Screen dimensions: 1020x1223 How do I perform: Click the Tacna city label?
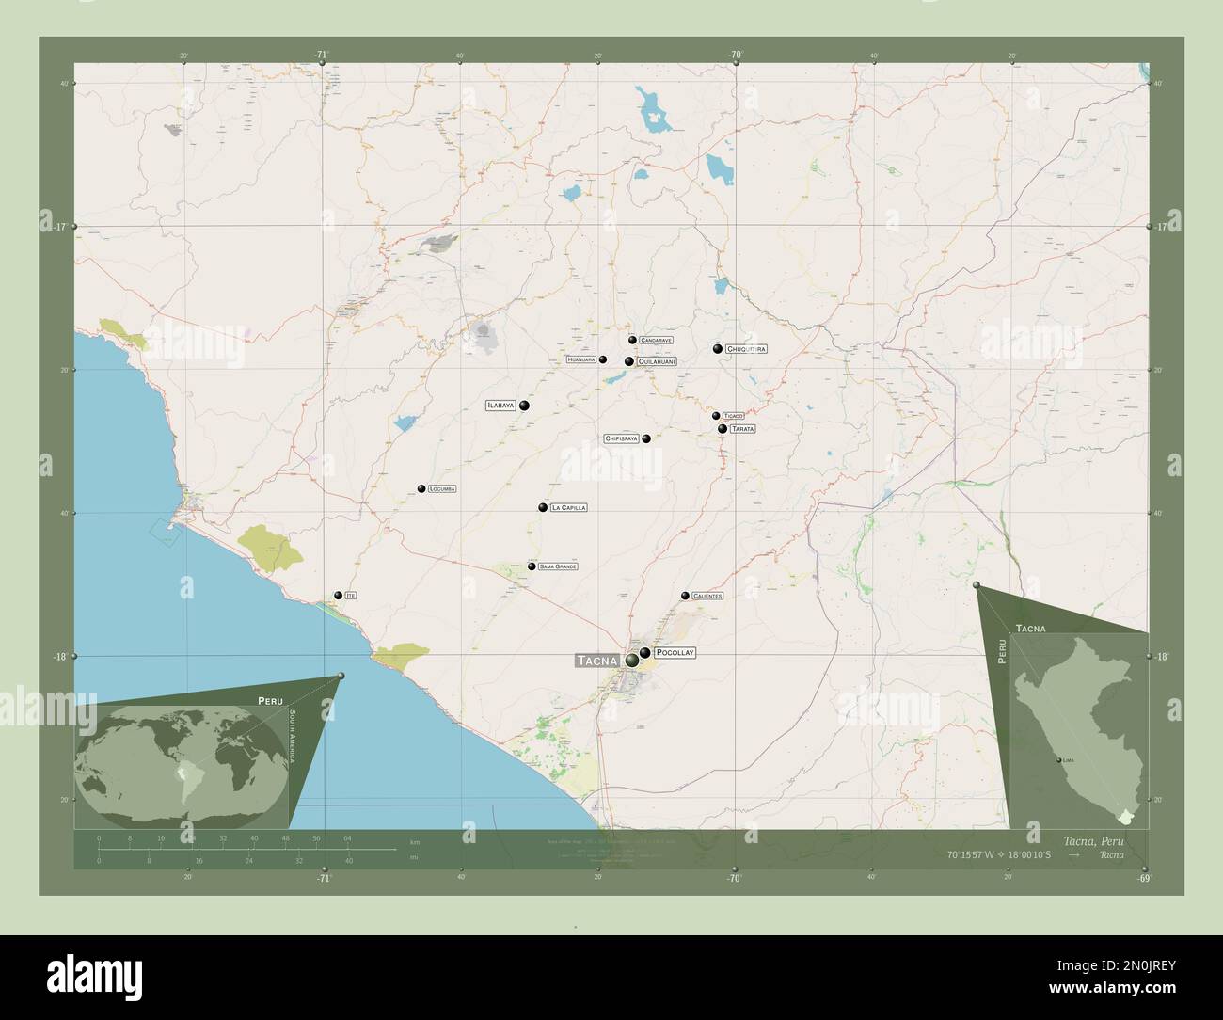(597, 661)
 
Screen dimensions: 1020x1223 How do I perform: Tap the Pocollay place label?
(675, 652)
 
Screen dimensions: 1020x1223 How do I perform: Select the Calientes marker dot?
(685, 596)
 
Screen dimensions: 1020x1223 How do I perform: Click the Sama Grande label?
(558, 566)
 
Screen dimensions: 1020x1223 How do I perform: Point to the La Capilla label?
(568, 507)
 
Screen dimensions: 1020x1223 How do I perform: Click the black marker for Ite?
(339, 595)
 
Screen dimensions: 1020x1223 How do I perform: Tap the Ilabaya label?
(500, 406)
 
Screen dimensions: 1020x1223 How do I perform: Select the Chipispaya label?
(622, 438)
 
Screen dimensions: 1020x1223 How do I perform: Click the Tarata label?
(742, 429)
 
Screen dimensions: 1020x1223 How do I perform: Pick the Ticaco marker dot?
(716, 415)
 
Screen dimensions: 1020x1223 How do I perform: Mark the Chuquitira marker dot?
(718, 349)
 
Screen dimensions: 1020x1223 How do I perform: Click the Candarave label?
(656, 340)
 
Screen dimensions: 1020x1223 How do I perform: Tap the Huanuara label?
(581, 359)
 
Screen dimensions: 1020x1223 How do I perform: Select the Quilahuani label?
(657, 361)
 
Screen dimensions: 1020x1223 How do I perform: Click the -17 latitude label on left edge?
(59, 227)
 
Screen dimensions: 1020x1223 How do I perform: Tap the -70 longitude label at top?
(735, 55)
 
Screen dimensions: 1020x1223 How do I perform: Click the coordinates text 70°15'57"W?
(973, 855)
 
